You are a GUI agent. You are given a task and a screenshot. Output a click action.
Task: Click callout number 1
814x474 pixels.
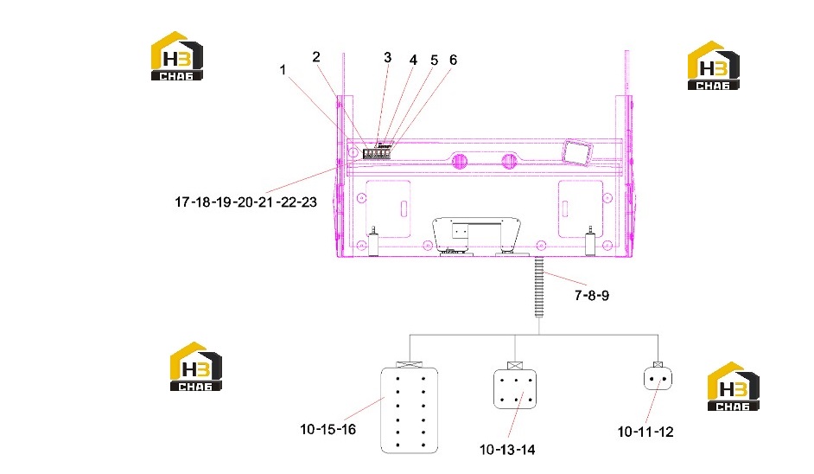click(283, 70)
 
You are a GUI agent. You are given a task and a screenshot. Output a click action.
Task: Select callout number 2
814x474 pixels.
click(316, 57)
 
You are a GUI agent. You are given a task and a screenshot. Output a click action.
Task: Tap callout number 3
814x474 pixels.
click(387, 57)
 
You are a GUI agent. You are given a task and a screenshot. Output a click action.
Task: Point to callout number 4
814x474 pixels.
click(413, 61)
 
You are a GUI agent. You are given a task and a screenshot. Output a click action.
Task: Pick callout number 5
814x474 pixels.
click(434, 61)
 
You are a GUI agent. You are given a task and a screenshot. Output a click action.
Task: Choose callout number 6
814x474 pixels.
click(453, 61)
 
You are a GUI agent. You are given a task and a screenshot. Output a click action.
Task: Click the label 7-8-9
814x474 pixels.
click(591, 295)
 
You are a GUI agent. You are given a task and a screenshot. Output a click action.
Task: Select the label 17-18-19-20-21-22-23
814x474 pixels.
click(245, 202)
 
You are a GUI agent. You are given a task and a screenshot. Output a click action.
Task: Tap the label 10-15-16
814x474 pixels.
click(328, 429)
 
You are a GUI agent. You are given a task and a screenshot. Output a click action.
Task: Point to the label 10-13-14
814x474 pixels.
click(507, 450)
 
